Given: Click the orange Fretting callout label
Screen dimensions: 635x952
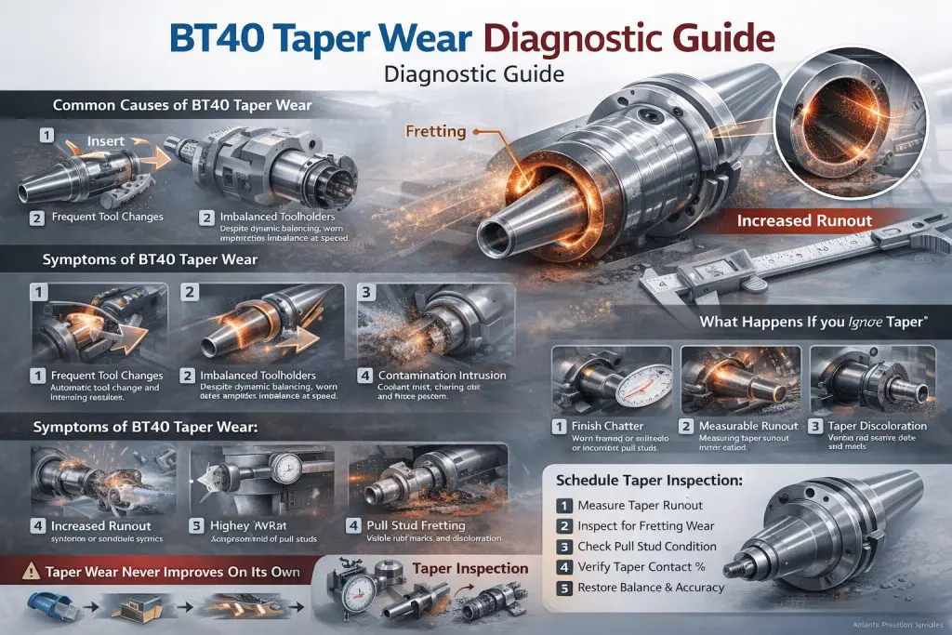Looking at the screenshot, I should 435,132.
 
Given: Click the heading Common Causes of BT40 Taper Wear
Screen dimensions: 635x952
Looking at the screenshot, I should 182,105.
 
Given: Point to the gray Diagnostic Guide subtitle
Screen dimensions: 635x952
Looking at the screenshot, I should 475,74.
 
